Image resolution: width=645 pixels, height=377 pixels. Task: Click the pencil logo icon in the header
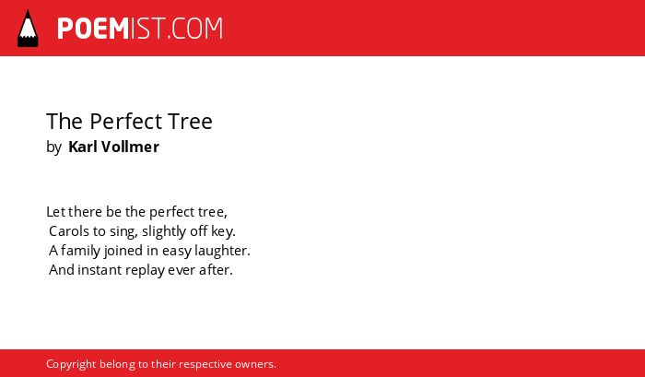[28, 29]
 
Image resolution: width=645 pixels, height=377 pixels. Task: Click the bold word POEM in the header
[93, 29]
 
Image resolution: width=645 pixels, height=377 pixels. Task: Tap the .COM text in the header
[194, 29]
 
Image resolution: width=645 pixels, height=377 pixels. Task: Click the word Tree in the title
[190, 121]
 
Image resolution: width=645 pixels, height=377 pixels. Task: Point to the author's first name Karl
[83, 147]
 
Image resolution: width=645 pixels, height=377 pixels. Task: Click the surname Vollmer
[130, 147]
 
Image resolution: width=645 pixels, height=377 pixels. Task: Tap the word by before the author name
[53, 147]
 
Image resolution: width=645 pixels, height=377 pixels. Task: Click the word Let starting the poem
[55, 212]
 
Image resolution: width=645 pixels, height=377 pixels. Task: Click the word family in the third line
[80, 251]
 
